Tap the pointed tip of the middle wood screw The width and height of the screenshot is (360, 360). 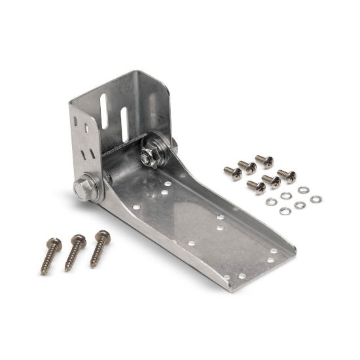click(x=67, y=270)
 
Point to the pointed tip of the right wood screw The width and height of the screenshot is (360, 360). click(x=92, y=267)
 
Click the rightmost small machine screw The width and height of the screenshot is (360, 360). click(x=287, y=175)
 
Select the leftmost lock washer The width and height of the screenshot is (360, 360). click(x=270, y=201)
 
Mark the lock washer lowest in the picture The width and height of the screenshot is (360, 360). click(x=285, y=211)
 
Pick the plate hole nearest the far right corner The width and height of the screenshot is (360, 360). click(x=273, y=251)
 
